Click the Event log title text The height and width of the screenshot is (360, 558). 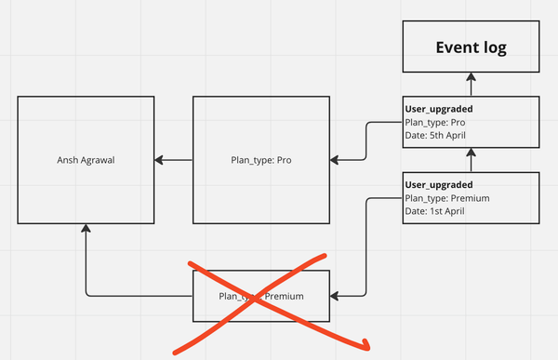pos(472,48)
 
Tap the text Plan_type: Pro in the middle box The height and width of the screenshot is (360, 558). pos(261,160)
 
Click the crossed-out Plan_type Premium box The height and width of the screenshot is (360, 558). pos(261,296)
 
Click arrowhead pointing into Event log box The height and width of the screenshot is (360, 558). pos(472,79)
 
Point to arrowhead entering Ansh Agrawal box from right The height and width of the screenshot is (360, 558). pos(160,160)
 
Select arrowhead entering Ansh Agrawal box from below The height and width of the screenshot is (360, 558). pos(86,229)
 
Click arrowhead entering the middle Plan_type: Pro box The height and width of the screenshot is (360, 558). pos(336,160)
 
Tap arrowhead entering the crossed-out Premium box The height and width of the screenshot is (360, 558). pos(336,296)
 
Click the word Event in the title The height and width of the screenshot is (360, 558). pos(451,48)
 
